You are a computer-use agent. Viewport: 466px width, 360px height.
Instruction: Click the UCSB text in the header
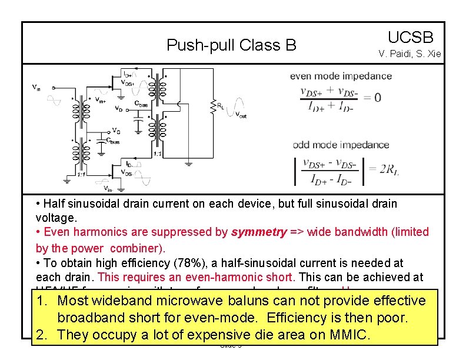click(x=410, y=38)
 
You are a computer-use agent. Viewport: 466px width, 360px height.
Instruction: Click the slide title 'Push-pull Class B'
click(x=231, y=45)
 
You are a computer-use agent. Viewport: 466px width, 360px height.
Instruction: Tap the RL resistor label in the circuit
click(x=219, y=106)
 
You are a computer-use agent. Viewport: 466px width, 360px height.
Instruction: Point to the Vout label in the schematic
click(x=241, y=114)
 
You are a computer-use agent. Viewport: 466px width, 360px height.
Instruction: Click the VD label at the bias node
click(x=118, y=109)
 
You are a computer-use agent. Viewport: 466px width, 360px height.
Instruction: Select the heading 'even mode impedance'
click(x=341, y=76)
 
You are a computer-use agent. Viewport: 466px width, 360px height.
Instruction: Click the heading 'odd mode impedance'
click(x=341, y=145)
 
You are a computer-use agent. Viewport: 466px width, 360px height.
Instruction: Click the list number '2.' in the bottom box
click(x=42, y=335)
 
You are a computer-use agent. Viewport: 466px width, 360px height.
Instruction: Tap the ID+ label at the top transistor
click(x=127, y=75)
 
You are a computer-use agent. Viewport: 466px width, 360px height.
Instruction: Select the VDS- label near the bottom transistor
click(x=127, y=172)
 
